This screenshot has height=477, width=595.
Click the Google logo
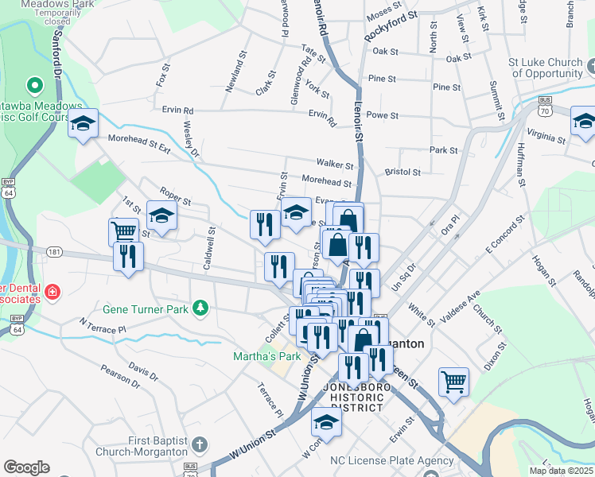click(x=27, y=467)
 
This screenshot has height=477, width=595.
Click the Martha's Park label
click(x=266, y=356)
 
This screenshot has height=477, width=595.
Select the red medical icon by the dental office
click(x=53, y=292)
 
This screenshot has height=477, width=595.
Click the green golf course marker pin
click(x=34, y=84)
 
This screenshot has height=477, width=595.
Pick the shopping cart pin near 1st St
click(x=123, y=232)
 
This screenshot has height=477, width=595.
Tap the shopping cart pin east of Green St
click(x=453, y=381)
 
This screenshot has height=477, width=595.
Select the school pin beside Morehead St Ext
click(x=83, y=124)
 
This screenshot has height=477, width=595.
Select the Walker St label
click(x=334, y=165)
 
